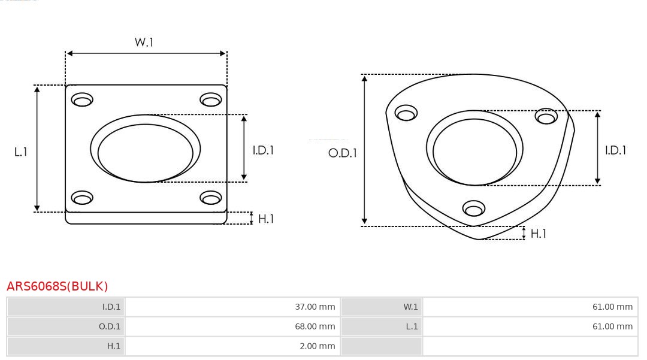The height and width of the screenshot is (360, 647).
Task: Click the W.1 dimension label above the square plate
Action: [144, 42]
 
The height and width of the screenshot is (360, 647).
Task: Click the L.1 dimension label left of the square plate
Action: [20, 152]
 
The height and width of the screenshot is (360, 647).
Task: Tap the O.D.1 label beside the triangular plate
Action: [343, 153]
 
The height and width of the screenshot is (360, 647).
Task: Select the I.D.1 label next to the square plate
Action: [263, 150]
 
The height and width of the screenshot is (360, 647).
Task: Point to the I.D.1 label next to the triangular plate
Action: [615, 150]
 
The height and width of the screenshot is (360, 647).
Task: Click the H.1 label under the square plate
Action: [266, 219]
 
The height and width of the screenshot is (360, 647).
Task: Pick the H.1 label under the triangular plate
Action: [539, 234]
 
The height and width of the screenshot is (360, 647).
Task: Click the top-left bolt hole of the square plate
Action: [82, 99]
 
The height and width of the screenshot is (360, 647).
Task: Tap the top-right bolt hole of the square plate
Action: [211, 99]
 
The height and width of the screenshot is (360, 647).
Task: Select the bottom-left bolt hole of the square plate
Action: [82, 198]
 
